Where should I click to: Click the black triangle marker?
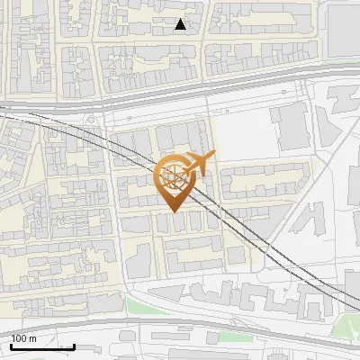[x=181, y=24]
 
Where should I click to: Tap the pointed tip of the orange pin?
[x=174, y=211]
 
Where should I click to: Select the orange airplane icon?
[x=201, y=163]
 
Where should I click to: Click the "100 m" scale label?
[x=23, y=338]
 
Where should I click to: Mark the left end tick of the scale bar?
[x=11, y=345]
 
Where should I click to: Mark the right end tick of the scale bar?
[x=74, y=345]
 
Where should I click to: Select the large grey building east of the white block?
[x=292, y=127]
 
